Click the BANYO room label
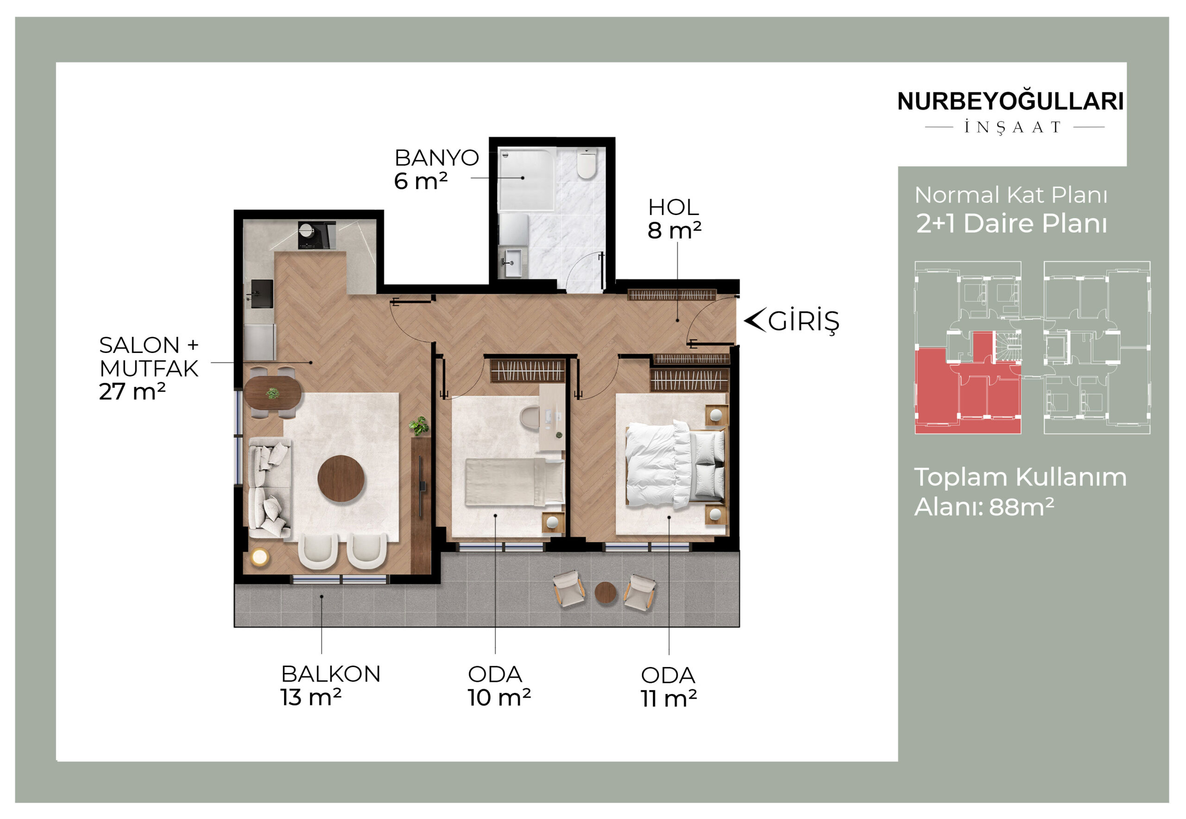point(436,157)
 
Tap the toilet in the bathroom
point(586,163)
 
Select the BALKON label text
point(331,674)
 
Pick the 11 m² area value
point(668,699)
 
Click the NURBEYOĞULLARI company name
point(1010,101)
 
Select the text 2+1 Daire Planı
point(1011,224)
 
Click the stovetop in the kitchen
point(316,235)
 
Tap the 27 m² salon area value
point(132,392)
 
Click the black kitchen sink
point(262,294)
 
